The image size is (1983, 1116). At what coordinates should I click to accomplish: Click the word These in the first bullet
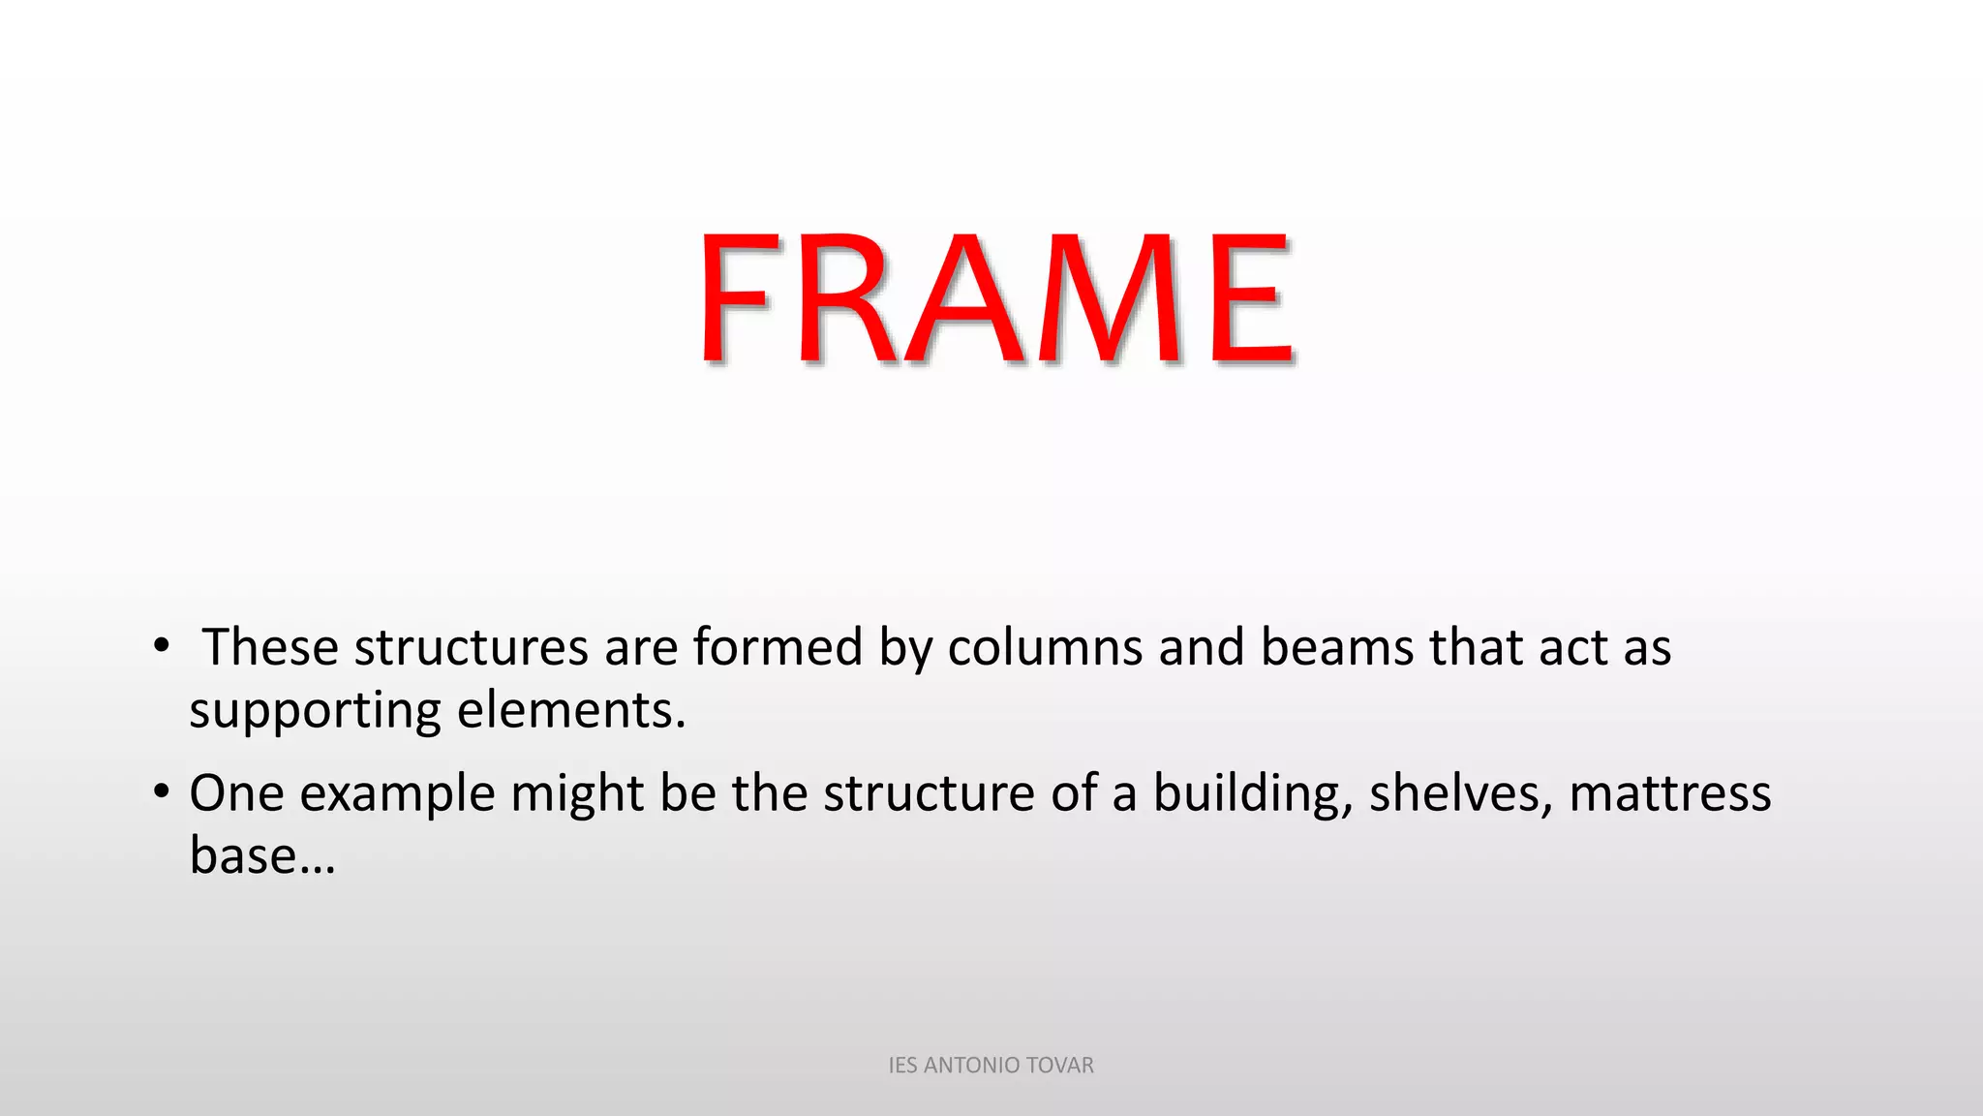[270, 647]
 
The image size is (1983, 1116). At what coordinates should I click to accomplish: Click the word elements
[571, 710]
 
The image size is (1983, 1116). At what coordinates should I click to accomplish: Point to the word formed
[777, 647]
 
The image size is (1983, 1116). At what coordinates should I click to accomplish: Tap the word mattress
[1670, 793]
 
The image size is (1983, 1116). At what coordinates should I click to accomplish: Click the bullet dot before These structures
[161, 646]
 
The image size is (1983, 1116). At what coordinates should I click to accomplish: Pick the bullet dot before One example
[161, 791]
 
